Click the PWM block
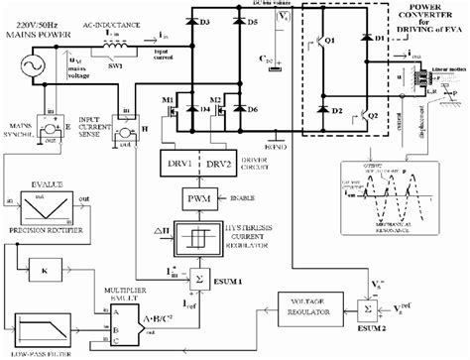[x=192, y=199]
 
